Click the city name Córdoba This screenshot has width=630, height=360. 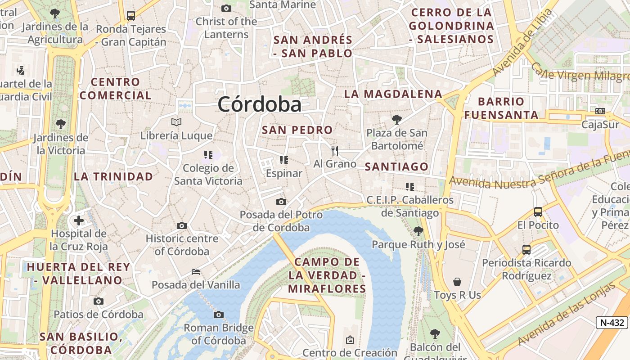260,104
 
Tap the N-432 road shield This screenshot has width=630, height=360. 612,322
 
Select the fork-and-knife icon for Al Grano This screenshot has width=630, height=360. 334,151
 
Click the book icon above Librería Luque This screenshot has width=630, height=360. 176,122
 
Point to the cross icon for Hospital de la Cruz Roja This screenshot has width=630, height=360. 79,220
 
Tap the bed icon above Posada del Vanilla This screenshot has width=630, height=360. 196,271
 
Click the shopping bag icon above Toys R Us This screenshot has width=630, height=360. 457,282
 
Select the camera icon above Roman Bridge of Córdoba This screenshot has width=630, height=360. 219,315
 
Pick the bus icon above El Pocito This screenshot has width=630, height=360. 538,211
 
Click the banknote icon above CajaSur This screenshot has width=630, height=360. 600,111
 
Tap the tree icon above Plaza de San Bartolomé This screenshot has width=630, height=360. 396,119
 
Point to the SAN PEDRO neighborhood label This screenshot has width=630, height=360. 297,130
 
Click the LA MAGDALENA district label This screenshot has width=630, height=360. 393,94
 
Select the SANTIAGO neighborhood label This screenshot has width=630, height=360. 396,166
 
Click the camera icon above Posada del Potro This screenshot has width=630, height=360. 281,202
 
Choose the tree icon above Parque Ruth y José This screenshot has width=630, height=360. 418,231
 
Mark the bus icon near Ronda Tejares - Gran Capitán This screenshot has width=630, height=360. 131,16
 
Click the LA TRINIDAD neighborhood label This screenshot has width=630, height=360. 113,176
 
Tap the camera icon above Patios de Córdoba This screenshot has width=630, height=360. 99,301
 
